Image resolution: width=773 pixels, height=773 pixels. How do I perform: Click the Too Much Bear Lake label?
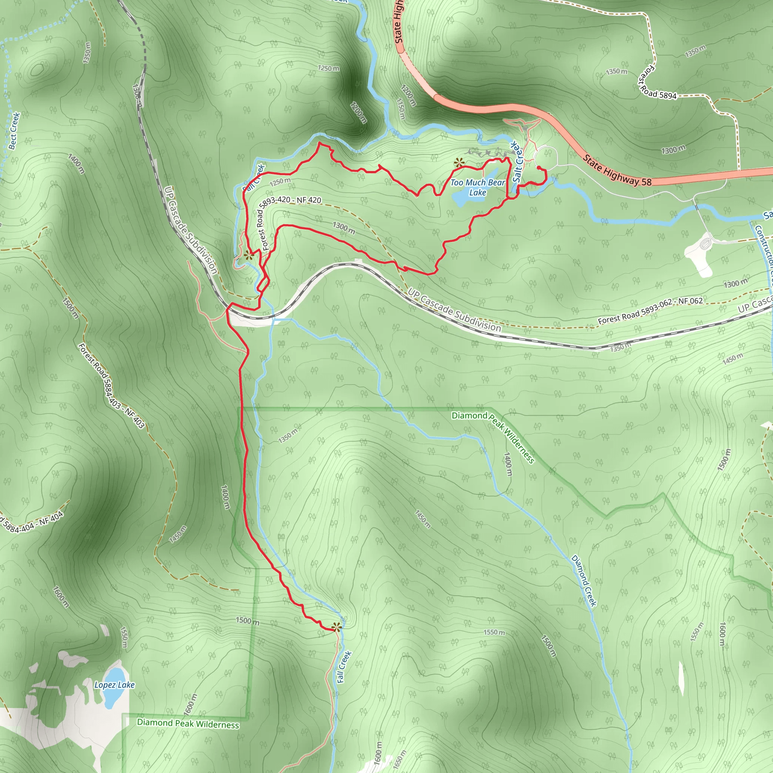(x=477, y=187)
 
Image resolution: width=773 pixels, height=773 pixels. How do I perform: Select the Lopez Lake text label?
(x=114, y=685)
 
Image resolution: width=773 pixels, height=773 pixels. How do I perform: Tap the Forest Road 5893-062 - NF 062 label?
(x=650, y=311)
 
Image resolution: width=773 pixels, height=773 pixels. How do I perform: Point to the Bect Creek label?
(x=14, y=131)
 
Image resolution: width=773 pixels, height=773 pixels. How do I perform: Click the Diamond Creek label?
(x=584, y=581)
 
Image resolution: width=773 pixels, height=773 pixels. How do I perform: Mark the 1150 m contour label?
(x=400, y=109)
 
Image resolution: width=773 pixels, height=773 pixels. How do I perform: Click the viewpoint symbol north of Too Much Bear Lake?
(x=459, y=162)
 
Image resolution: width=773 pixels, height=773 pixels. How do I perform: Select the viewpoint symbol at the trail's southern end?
(x=336, y=627)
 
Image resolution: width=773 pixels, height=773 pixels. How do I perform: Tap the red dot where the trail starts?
(x=539, y=168)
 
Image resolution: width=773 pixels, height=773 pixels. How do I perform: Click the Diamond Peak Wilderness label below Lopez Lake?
(x=188, y=724)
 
